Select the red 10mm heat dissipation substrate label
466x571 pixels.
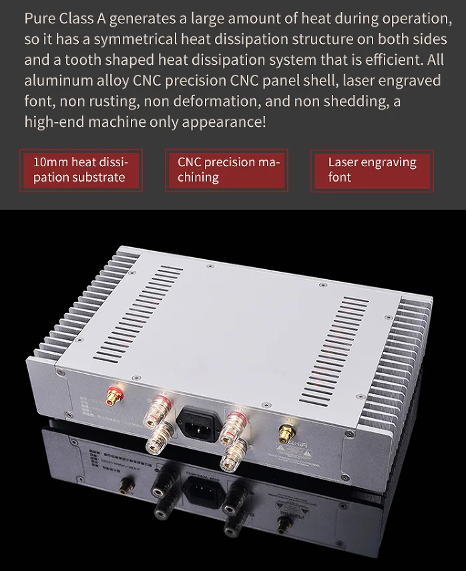click(x=81, y=170)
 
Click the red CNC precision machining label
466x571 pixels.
click(x=226, y=170)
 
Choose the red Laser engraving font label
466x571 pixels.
click(x=372, y=170)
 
